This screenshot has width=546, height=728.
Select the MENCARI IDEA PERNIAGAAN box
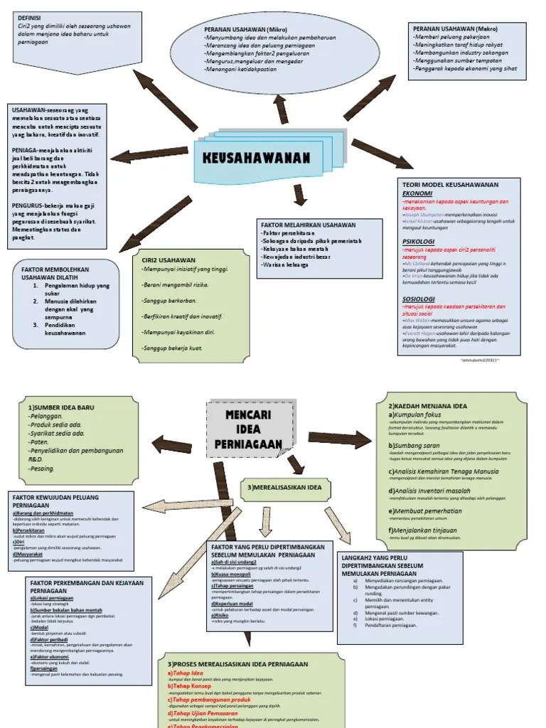coord(249,429)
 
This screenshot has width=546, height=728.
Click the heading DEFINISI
coord(29,16)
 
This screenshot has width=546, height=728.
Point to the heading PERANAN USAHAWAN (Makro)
coord(455,28)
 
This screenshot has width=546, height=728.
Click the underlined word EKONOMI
coord(418,193)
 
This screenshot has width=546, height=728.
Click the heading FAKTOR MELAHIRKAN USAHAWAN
coord(308,225)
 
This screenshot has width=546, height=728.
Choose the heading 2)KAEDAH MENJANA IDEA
coord(427,405)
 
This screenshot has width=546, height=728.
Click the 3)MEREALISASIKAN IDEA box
coord(284,488)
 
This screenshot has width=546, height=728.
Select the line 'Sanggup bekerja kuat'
coord(173,348)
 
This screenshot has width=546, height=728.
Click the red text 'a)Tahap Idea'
coord(186,673)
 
